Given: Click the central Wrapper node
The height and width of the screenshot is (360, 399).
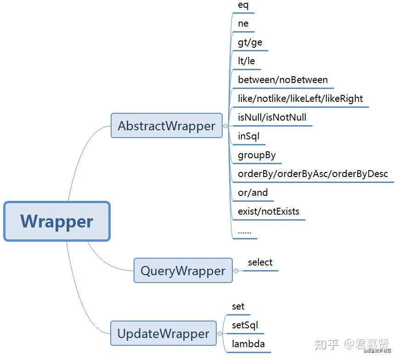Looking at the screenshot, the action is click(57, 221).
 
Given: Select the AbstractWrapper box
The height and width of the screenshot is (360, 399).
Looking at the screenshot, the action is click(167, 126).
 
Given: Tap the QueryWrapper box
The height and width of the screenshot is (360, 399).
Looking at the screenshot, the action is click(183, 271).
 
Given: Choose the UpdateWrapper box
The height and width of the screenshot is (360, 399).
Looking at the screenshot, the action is click(163, 333).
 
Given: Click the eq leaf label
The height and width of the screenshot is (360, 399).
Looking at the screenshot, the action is click(243, 6).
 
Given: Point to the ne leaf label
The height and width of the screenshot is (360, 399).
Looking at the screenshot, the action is click(243, 24).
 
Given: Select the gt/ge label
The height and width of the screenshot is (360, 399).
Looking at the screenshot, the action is click(250, 42).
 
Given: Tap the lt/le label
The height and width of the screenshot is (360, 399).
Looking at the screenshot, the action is click(246, 61).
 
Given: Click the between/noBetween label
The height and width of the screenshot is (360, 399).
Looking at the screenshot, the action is click(283, 80).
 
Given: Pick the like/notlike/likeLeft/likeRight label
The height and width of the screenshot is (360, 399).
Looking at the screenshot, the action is click(300, 99).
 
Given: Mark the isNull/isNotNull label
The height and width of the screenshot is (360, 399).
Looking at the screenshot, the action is click(272, 117).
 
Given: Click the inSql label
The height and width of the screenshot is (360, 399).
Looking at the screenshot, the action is click(248, 136).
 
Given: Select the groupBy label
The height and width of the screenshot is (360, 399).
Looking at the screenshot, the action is click(257, 155).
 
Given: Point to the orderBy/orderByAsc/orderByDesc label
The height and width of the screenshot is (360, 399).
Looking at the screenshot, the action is click(313, 174).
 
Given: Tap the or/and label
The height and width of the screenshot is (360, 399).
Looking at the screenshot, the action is click(253, 193).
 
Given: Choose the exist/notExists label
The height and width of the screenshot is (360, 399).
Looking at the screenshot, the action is click(269, 211).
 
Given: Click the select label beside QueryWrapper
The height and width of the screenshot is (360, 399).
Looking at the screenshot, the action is click(260, 262).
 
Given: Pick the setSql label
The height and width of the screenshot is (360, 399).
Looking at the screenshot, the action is click(245, 325).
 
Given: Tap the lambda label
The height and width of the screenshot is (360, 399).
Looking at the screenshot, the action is click(248, 344).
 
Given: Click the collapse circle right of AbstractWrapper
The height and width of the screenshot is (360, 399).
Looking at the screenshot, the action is click(225, 126).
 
